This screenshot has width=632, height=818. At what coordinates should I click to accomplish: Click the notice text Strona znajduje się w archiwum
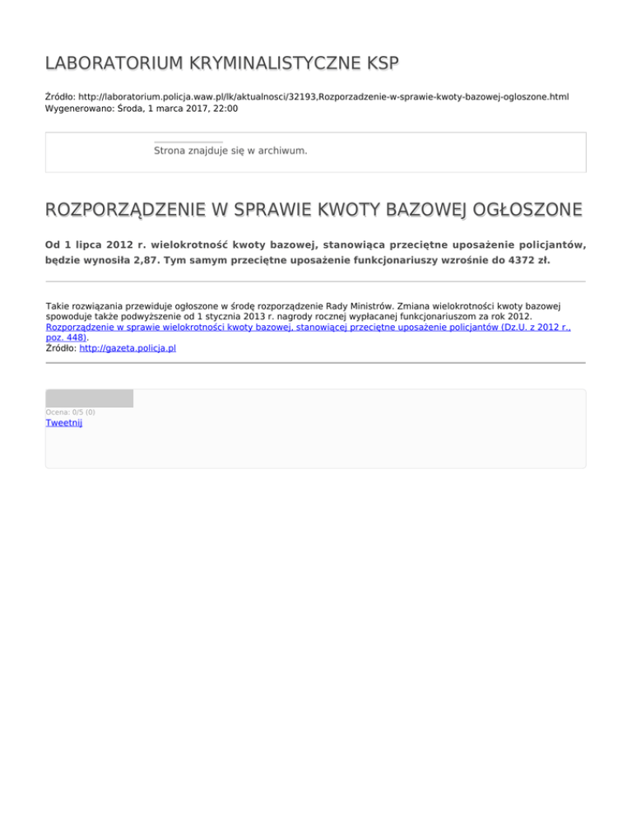click(230, 151)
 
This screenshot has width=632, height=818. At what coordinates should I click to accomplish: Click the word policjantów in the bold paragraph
click(548, 245)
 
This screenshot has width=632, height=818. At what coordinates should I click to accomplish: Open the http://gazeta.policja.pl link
click(128, 348)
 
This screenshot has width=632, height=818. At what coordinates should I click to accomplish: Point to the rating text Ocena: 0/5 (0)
click(70, 411)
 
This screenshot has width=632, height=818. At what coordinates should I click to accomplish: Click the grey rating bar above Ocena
click(89, 398)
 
